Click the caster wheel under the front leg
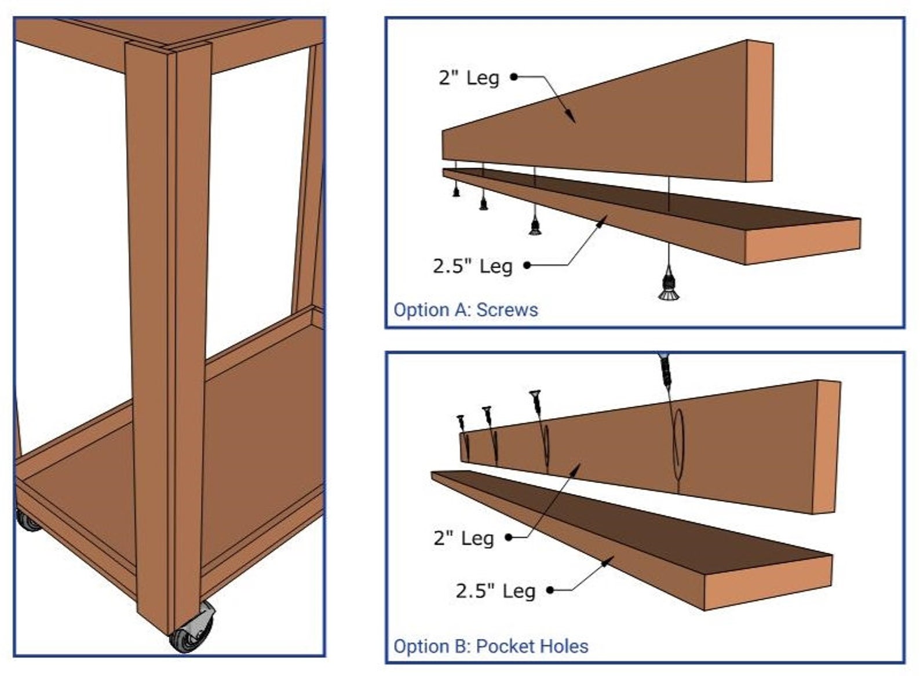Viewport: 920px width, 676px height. [x=192, y=632]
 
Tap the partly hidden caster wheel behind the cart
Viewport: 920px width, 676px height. [x=25, y=520]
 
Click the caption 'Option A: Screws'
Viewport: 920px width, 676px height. [x=465, y=310]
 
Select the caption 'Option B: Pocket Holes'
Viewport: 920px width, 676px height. [x=490, y=646]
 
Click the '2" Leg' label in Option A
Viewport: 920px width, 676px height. [x=469, y=77]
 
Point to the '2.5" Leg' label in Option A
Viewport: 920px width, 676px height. [x=472, y=266]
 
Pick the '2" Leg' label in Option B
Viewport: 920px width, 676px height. [x=463, y=538]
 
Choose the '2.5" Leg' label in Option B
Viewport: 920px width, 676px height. [x=495, y=590]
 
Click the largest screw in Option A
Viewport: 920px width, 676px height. [x=669, y=285]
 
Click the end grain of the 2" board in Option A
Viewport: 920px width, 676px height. [x=760, y=110]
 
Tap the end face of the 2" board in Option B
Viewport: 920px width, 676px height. [x=827, y=447]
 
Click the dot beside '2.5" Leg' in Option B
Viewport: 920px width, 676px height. [x=550, y=590]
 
